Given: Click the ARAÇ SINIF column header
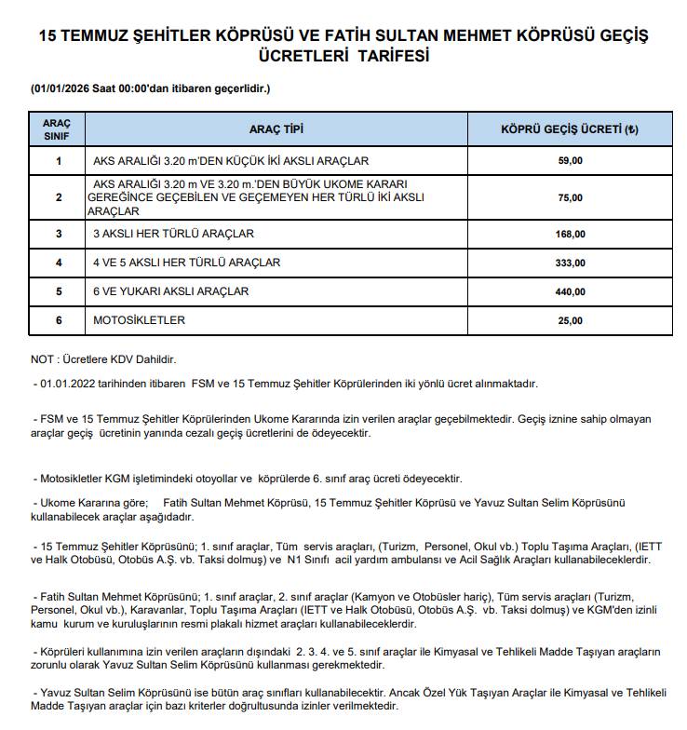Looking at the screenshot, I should [x=57, y=128].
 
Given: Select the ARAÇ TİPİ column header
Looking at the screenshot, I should [x=276, y=128].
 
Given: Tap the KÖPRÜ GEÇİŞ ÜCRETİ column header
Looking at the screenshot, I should [x=569, y=128].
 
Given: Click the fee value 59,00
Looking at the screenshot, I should [x=569, y=161].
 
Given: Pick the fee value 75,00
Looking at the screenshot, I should [x=569, y=197].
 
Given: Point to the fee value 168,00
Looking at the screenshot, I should [x=569, y=234].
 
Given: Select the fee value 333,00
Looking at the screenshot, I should [x=569, y=263].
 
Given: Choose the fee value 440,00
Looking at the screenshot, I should [x=569, y=291].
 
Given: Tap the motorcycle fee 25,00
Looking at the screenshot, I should [x=569, y=320].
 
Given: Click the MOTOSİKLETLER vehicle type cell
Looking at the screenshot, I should [x=140, y=320].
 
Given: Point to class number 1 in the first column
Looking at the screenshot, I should [x=58, y=161].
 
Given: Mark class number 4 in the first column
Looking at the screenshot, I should [x=58, y=263].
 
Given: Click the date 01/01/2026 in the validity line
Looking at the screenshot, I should [x=62, y=88].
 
